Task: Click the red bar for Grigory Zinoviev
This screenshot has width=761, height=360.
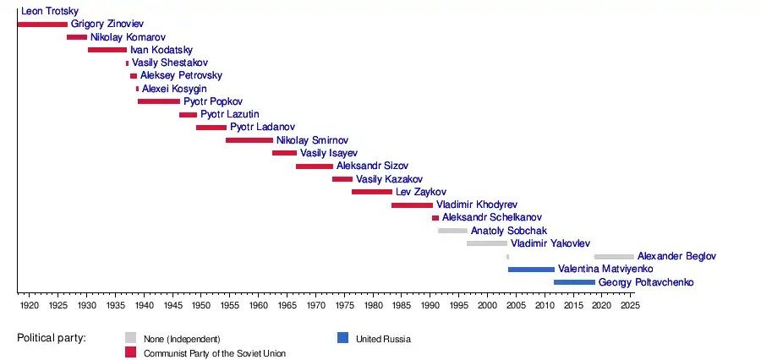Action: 42,25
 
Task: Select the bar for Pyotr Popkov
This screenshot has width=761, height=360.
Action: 159,101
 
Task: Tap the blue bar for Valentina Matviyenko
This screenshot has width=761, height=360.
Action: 531,270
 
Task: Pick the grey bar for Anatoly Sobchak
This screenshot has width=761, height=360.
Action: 452,231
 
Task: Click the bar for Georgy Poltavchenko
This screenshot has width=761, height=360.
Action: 574,282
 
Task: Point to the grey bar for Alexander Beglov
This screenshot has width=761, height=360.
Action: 614,256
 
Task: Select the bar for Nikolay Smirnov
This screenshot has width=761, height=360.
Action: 249,140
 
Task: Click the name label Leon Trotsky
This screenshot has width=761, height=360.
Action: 50,11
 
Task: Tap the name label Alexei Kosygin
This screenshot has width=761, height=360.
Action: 174,89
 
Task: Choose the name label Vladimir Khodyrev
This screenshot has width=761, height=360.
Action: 477,205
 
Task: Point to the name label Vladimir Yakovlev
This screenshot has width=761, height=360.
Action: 550,243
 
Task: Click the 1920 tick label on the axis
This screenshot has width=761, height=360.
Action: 29,304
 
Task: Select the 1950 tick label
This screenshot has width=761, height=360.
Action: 200,304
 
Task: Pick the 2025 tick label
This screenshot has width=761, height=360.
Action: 630,304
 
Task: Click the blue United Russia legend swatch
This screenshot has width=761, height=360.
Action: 342,338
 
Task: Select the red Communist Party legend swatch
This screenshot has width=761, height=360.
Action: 130,352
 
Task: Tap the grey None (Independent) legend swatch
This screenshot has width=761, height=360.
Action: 130,338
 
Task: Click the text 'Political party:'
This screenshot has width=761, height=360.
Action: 52,339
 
